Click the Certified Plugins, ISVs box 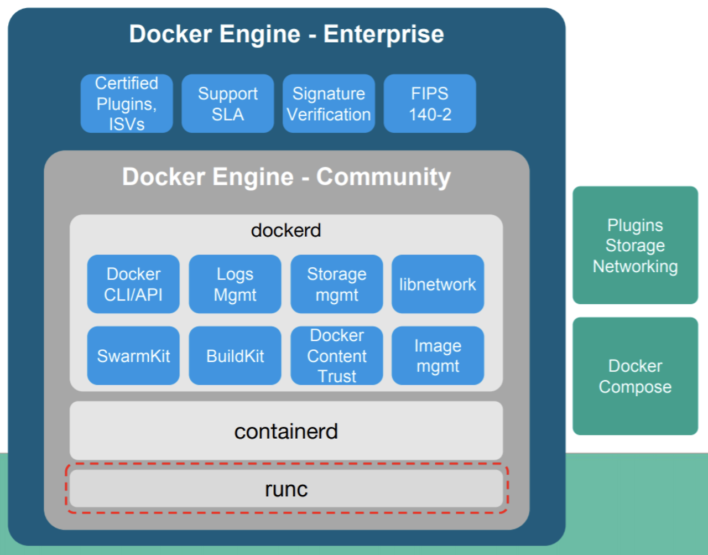coord(127,103)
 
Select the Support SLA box coord(228,103)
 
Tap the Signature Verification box coord(329,103)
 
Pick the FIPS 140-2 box coord(430,103)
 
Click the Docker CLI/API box coord(133,284)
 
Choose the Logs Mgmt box coord(235,284)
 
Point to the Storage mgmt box coord(336,284)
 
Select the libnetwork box coord(438,284)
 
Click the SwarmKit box coord(133,356)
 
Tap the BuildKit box coord(235,356)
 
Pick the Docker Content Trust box coord(336,356)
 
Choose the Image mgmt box coord(438,356)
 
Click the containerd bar coord(286,430)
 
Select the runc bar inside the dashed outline coord(286,488)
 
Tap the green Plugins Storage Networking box coord(636,245)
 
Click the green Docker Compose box coord(636,376)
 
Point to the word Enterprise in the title coord(383,34)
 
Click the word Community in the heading coord(383,177)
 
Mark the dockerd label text coord(286,230)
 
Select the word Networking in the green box coord(636,266)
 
